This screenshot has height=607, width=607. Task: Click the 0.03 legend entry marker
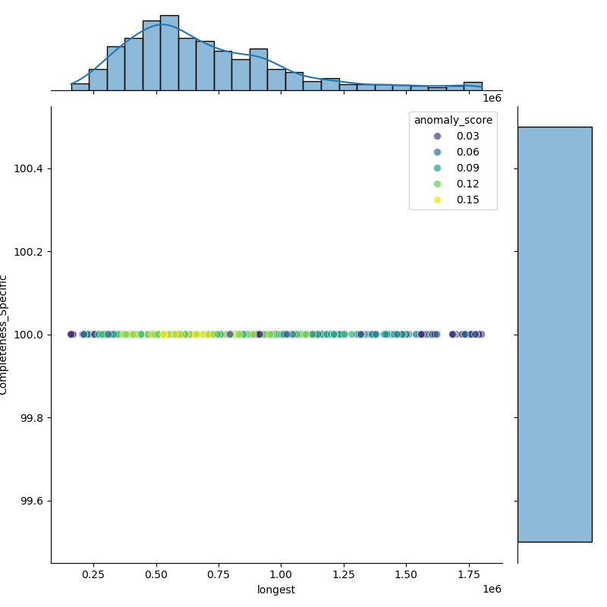[x=437, y=137]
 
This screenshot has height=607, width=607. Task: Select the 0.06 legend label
[x=467, y=153]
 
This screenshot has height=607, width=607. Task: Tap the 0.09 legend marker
[x=437, y=168]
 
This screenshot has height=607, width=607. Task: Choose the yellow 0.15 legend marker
[x=437, y=200]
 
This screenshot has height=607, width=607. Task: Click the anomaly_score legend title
[x=453, y=121]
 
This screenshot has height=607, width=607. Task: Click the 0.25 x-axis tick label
[x=93, y=575]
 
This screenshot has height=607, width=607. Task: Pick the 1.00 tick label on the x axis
[x=281, y=575]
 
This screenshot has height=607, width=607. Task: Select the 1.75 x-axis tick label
[x=469, y=575]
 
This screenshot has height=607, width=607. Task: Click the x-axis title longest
[x=276, y=590]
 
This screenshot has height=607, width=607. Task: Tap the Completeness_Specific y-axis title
[x=3, y=335]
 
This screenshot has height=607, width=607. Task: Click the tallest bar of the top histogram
[x=169, y=53]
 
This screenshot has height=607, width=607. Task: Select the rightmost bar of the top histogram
[x=473, y=86]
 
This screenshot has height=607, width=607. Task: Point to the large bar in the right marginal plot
[x=555, y=335]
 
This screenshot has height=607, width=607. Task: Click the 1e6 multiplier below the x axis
[x=492, y=590]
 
